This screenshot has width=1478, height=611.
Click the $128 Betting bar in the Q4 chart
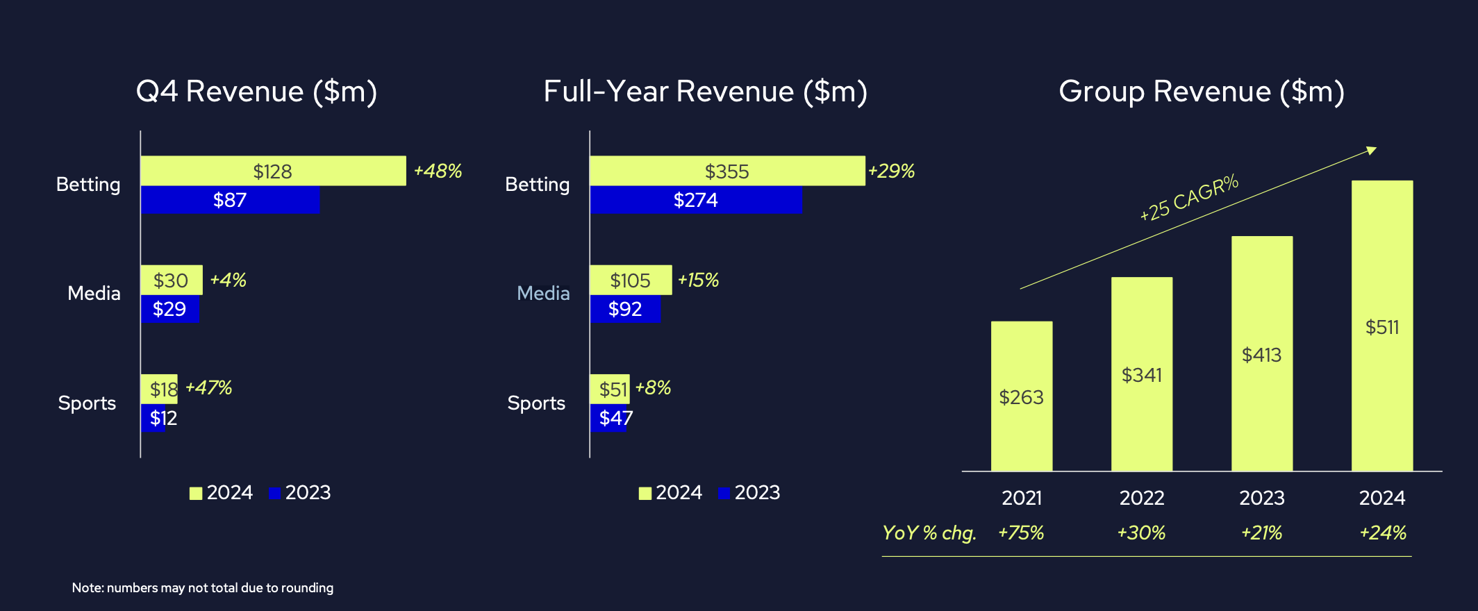point(273,171)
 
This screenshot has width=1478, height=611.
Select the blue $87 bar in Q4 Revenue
point(230,200)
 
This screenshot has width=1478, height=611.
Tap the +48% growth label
point(438,171)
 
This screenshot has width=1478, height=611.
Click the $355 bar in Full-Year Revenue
point(726,171)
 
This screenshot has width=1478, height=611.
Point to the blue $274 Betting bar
point(695,200)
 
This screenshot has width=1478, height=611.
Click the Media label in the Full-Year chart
point(543,293)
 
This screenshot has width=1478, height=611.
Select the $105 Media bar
point(630,280)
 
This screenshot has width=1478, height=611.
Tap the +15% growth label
point(698,280)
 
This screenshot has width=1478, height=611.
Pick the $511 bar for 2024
point(1382,326)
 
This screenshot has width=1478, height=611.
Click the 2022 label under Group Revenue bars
point(1142,498)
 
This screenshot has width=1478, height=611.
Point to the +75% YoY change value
point(1021,533)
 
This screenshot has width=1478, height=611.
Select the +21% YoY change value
point(1261,533)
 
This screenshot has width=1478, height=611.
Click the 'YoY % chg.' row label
point(929,533)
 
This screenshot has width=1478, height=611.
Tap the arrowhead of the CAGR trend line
point(1372,150)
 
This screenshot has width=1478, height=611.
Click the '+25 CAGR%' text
point(1189,198)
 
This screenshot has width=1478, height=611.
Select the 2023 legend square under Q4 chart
point(274,493)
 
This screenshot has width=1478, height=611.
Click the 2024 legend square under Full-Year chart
point(645,493)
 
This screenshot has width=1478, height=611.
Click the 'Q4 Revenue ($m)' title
point(256,92)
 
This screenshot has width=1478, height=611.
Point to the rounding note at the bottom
point(202,587)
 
